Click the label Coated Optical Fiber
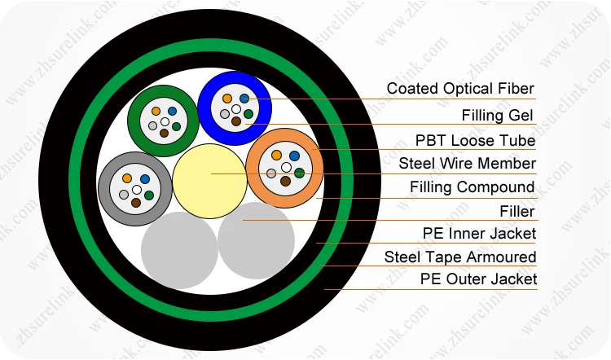pyautogui.click(x=460, y=89)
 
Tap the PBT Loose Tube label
pyautogui.click(x=475, y=140)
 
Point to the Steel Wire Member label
pyautogui.click(x=467, y=164)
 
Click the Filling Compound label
pyautogui.click(x=472, y=187)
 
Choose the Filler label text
pyautogui.click(x=516, y=212)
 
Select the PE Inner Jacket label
pyautogui.click(x=479, y=234)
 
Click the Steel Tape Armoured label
pyautogui.click(x=460, y=257)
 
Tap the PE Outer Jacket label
pyautogui.click(x=478, y=279)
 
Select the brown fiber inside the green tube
pyautogui.click(x=164, y=133)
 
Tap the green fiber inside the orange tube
pyautogui.click(x=299, y=173)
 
